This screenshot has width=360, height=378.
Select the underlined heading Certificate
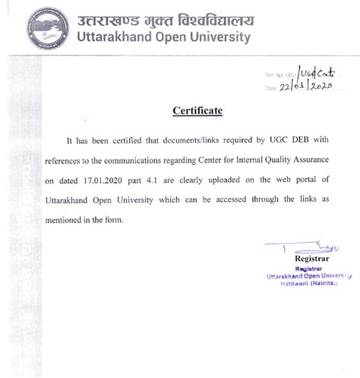pyautogui.click(x=197, y=112)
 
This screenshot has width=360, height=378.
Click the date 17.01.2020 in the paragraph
pyautogui.click(x=111, y=180)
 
